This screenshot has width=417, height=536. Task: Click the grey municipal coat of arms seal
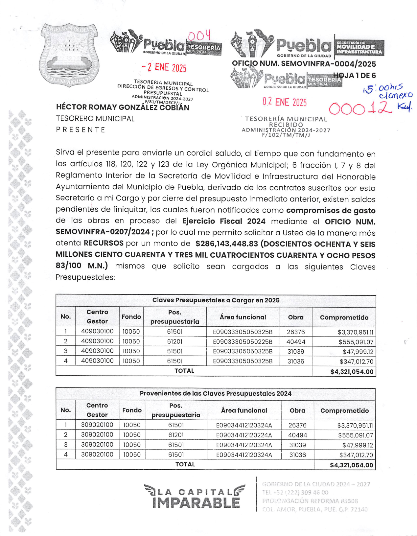coord(69,55)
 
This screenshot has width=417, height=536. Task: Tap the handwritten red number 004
coord(199,36)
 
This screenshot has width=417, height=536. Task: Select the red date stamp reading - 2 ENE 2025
coord(164,67)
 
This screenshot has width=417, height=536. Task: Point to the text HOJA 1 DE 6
coord(354,76)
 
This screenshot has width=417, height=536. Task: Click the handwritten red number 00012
coord(360,108)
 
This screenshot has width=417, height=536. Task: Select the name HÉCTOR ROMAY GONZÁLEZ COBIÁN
coord(123,107)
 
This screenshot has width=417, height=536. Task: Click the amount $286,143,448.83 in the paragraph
coord(226,244)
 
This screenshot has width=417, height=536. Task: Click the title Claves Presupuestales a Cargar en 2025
coord(216,300)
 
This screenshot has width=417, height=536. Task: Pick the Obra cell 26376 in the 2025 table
coord(296,332)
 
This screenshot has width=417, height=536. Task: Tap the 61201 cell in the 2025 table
coord(175,341)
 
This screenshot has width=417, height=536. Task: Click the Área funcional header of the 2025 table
coord(243,317)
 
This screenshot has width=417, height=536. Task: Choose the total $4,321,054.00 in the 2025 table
coord(352,372)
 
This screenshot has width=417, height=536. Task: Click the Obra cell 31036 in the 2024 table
coord(297,455)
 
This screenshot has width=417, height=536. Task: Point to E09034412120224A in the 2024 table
coord(244,435)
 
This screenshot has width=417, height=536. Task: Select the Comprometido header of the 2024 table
coord(344,410)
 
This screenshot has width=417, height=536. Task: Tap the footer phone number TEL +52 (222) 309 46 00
coord(295,492)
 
